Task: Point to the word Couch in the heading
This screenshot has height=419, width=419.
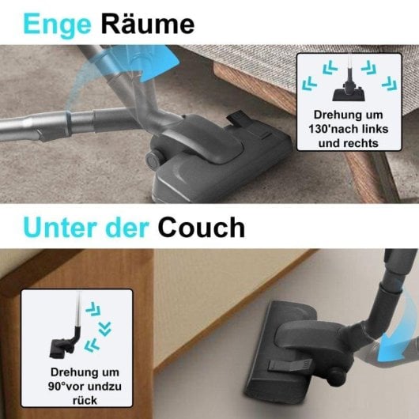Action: point(201,228)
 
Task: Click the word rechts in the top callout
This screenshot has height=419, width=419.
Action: point(360,143)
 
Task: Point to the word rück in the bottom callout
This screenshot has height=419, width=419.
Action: point(77,400)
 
